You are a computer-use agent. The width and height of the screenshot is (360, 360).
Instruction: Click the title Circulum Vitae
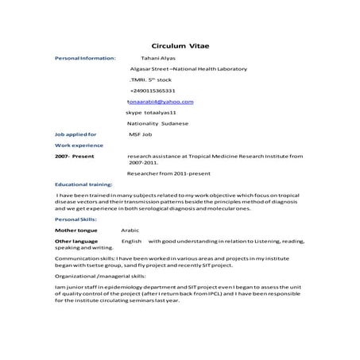(x=180, y=45)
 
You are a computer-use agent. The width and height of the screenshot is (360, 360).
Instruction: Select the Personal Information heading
(x=85, y=58)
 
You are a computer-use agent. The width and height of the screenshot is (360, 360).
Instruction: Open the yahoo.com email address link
(x=160, y=103)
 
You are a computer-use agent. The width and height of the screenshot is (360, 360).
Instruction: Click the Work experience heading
(x=80, y=147)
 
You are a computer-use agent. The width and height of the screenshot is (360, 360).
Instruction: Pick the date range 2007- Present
(x=75, y=157)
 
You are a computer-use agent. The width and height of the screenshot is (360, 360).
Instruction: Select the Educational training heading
(x=83, y=184)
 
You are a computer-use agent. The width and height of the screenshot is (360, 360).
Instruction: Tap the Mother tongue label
(x=76, y=230)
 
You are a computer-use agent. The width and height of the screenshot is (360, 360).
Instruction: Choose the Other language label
(x=76, y=240)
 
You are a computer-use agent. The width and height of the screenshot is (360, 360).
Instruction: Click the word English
(x=132, y=240)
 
